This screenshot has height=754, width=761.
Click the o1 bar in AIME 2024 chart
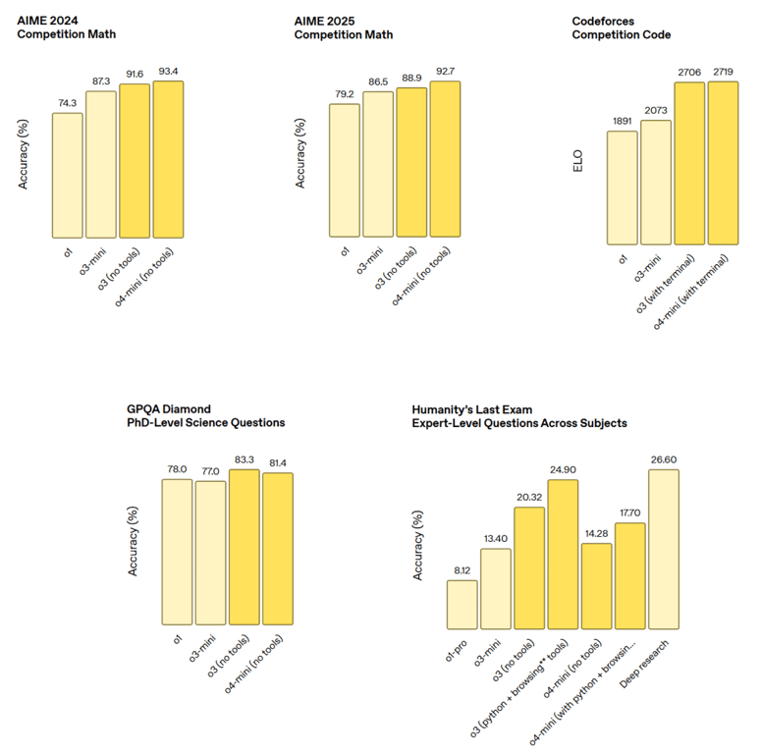click(x=68, y=175)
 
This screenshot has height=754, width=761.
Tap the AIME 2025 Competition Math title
click(x=343, y=27)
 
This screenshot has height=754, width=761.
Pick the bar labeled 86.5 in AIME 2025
click(x=379, y=164)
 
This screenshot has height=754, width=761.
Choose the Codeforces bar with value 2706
click(x=688, y=162)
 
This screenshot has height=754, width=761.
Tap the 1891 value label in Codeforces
click(x=622, y=123)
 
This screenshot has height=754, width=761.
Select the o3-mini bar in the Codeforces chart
click(x=655, y=182)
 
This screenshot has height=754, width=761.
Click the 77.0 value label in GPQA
click(x=210, y=472)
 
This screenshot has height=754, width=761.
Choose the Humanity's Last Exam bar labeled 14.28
click(x=596, y=585)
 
